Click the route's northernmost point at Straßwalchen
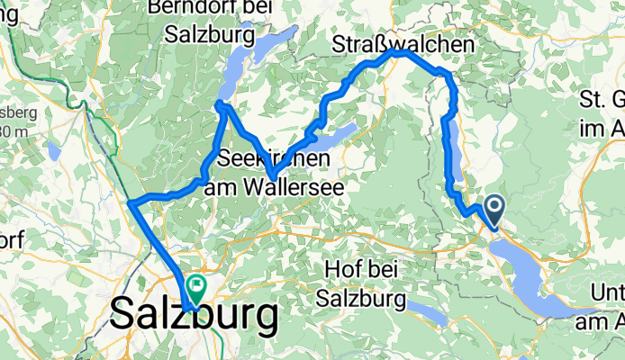tap(400, 51)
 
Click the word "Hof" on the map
tap(335, 268)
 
